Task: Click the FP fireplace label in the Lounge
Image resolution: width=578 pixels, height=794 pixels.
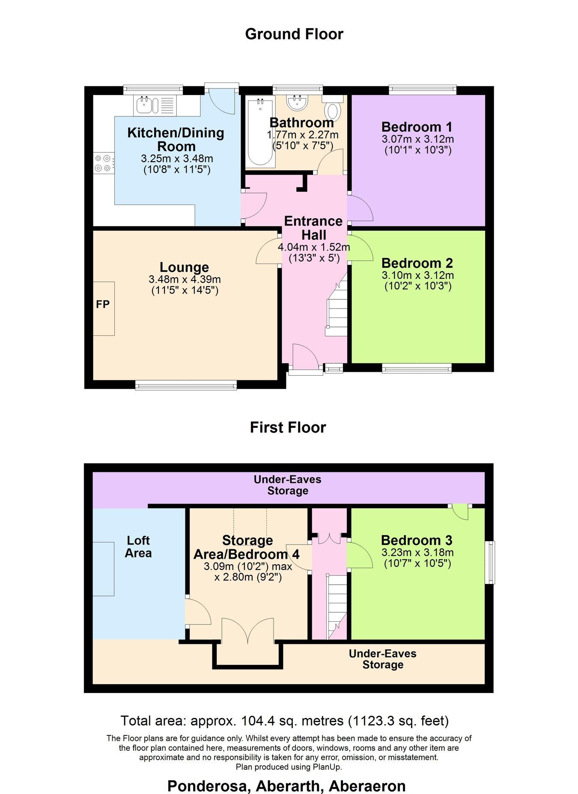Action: pos(103,304)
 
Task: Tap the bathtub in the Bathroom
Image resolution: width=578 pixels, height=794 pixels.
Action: pos(260,132)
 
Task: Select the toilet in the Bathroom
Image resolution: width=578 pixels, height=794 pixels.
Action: pos(333,107)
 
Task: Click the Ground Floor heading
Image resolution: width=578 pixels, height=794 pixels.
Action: pos(294,34)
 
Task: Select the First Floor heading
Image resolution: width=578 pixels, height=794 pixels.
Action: pos(288,427)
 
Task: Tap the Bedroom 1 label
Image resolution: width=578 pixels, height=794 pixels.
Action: pos(417,127)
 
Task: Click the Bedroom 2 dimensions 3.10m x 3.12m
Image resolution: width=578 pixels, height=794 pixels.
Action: pos(417,275)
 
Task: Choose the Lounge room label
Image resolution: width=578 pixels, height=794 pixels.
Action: pos(185,267)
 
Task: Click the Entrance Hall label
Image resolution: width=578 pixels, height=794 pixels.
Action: pos(313,228)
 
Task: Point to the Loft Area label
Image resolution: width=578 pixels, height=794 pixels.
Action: pos(138,546)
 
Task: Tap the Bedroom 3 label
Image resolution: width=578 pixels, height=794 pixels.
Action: pos(417,540)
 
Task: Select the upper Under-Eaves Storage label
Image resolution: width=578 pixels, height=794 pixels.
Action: pos(288,485)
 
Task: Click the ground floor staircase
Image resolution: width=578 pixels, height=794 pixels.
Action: pos(336,305)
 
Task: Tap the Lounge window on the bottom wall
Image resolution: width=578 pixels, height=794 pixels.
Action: pos(186,385)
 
